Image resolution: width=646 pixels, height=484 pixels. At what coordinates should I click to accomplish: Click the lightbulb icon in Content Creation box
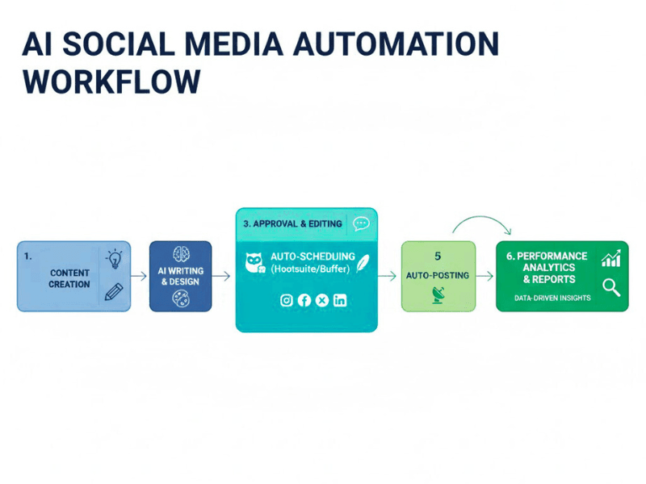point(115,260)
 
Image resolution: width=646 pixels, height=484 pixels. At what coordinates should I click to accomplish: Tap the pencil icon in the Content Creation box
point(114,291)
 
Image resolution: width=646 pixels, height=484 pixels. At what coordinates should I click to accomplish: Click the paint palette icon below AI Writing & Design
point(181,299)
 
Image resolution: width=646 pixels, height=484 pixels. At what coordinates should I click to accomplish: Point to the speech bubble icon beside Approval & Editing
point(361,223)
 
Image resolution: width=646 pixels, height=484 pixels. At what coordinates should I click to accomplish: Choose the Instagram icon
point(286,300)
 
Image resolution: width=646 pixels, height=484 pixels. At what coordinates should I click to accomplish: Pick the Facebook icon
point(304,300)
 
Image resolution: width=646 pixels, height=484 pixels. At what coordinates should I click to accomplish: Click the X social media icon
point(322,300)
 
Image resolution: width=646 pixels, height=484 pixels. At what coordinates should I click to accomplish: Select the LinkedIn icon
point(340,300)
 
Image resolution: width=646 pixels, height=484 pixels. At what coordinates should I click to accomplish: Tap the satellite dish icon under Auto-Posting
point(437,296)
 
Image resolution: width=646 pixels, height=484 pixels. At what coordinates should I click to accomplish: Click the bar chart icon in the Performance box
point(611,258)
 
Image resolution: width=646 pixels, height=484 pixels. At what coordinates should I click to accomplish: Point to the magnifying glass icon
point(611,286)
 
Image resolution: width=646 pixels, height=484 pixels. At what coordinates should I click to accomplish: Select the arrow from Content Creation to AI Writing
point(140,276)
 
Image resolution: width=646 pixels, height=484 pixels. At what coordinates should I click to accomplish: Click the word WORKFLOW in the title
point(111,81)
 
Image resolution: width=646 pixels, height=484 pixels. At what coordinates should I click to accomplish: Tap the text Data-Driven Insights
point(552,298)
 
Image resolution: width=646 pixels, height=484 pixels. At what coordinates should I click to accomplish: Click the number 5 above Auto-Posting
point(437,256)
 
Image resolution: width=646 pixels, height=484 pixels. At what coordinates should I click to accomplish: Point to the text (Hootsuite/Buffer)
point(309,268)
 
